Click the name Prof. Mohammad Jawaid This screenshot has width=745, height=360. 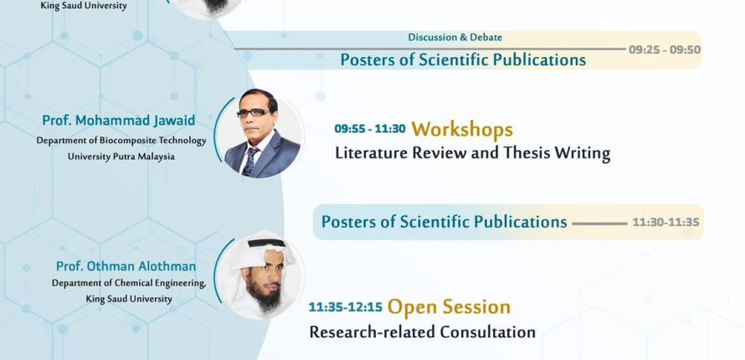118,121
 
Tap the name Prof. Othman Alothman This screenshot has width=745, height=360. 126,266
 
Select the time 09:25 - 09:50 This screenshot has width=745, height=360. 665,50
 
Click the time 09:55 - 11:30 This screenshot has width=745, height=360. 370,129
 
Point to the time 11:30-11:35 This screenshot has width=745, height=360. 665,222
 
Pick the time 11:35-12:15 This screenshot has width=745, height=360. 346,306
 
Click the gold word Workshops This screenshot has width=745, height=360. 462,129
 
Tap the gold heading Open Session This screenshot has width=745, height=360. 449,306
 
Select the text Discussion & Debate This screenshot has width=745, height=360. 455,37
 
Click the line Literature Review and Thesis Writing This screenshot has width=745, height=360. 473,153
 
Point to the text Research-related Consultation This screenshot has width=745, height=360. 423,332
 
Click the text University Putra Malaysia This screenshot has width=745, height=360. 121,157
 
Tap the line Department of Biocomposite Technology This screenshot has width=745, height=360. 121,141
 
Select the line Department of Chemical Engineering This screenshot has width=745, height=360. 129,283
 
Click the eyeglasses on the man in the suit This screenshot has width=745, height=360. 253,112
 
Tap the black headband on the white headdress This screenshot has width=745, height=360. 265,243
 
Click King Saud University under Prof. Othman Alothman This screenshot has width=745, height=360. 129,299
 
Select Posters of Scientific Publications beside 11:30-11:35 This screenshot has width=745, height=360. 444,222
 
